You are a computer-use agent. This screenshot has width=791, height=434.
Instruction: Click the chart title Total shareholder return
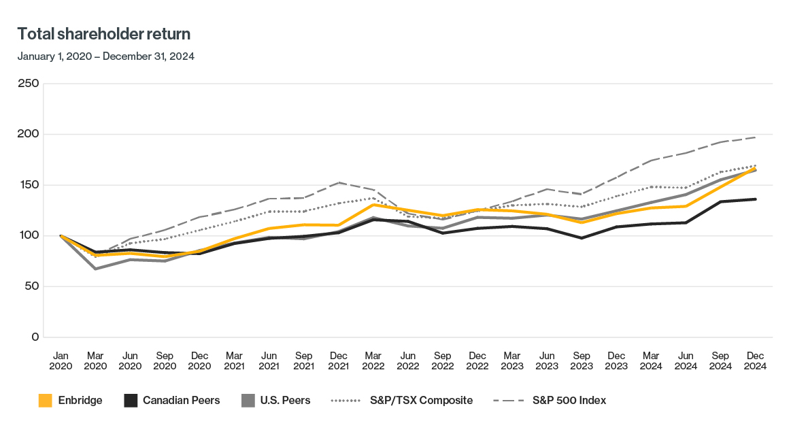coord(104,34)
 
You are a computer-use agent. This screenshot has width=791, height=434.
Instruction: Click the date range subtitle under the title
coord(106,56)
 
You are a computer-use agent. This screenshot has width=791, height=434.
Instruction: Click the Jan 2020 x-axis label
coord(61,361)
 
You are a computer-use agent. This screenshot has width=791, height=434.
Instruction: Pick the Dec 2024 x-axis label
coord(755,361)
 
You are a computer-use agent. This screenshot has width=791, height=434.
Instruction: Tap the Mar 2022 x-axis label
coord(373,361)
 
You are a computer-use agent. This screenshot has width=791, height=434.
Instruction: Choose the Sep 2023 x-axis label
coord(582,361)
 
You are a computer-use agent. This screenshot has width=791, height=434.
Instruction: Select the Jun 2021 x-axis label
coord(269,361)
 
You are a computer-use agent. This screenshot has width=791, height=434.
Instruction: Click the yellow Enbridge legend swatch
coord(46,401)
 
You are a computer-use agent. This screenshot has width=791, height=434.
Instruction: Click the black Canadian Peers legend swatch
coord(131,401)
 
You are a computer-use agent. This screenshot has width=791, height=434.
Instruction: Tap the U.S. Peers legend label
coord(286,401)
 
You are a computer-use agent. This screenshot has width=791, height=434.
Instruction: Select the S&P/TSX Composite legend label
coord(420,401)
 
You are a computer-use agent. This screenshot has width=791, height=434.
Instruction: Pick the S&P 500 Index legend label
coord(569,401)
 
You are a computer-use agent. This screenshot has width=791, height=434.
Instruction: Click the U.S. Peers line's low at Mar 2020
coord(95,269)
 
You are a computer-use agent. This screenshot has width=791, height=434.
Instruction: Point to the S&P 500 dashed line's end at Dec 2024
coord(755,137)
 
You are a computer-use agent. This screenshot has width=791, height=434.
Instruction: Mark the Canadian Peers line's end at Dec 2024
coord(755,199)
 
